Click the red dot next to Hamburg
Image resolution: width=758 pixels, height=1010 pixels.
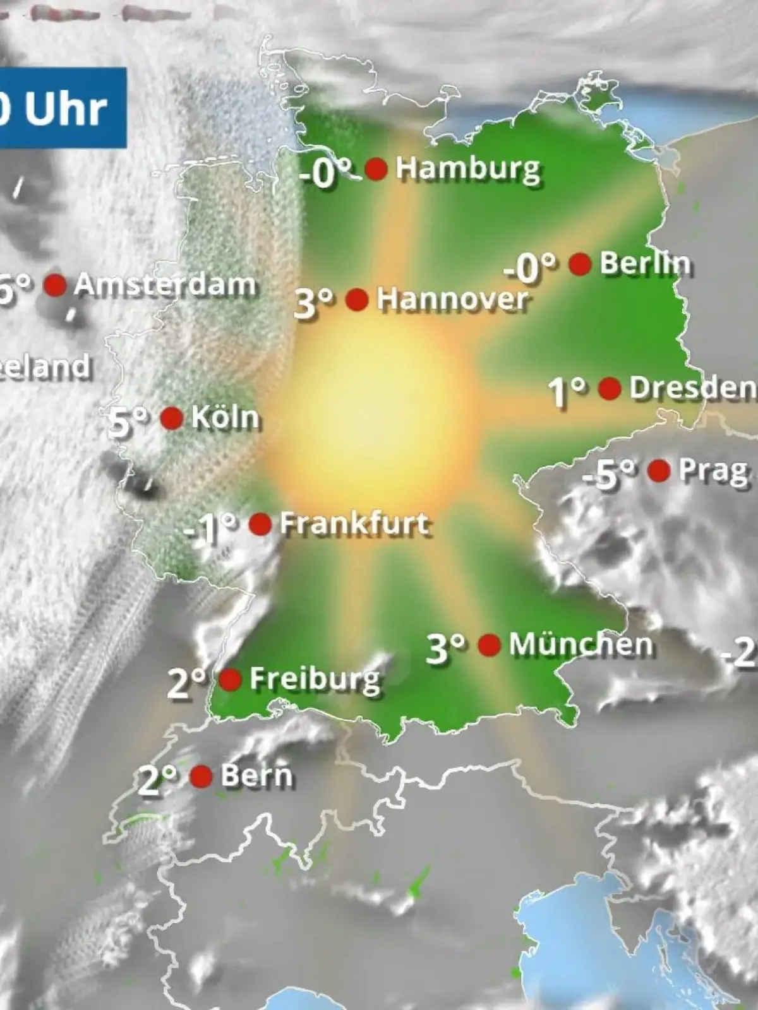pyautogui.click(x=376, y=169)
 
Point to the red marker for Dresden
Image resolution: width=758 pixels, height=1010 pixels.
pyautogui.click(x=610, y=388)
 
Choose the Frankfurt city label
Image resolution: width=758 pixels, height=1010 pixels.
pyautogui.click(x=354, y=524)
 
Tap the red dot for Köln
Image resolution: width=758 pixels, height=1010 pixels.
pyautogui.click(x=172, y=418)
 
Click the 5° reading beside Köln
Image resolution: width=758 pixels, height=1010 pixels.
pyautogui.click(x=128, y=421)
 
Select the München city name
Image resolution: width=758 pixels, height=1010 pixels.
pyautogui.click(x=581, y=645)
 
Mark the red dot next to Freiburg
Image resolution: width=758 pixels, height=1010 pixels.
pyautogui.click(x=230, y=680)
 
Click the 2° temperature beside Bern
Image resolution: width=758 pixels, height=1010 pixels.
pyautogui.click(x=157, y=780)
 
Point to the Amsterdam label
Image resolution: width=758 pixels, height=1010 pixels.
pyautogui.click(x=165, y=285)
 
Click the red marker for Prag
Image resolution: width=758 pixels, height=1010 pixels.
pyautogui.click(x=659, y=470)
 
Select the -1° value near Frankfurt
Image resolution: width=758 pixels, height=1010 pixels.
pyautogui.click(x=210, y=529)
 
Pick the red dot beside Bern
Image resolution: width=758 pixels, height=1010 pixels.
pyautogui.click(x=202, y=776)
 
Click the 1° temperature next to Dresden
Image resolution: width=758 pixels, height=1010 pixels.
pyautogui.click(x=567, y=391)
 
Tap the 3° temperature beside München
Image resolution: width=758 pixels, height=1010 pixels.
pyautogui.click(x=446, y=648)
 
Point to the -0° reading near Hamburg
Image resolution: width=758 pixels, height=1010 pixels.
pyautogui.click(x=325, y=172)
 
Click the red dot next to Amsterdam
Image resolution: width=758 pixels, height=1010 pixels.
pyautogui.click(x=55, y=285)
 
